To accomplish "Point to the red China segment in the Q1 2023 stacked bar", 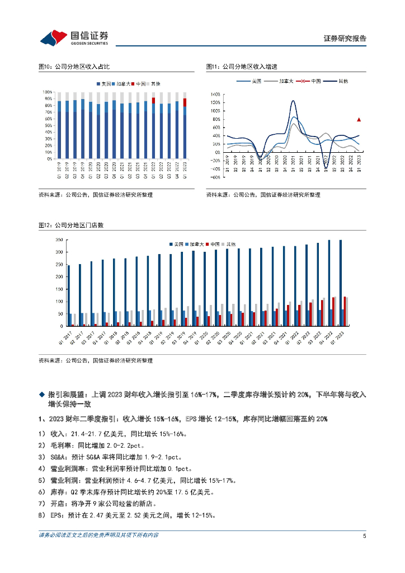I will [185, 102].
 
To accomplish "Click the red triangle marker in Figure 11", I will [359, 119].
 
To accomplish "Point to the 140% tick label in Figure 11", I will [215, 95].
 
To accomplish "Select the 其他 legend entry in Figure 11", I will [340, 81].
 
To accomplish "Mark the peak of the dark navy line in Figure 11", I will [293, 101].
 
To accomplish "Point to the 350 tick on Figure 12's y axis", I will [58, 240].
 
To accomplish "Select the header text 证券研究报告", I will [345, 39].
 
